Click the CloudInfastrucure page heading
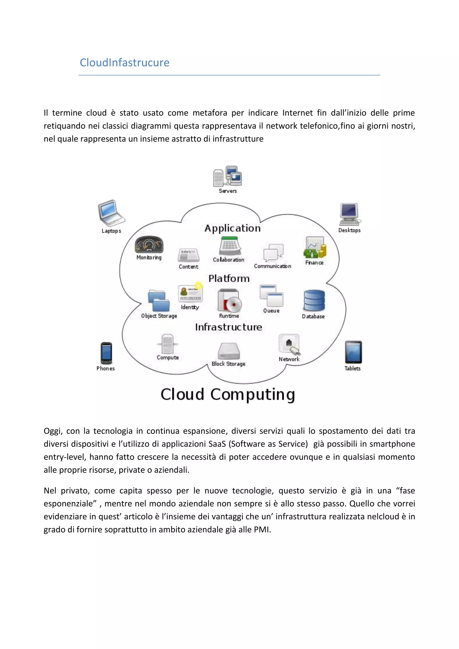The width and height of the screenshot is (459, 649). pos(124,63)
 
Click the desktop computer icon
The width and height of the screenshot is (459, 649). pos(350,214)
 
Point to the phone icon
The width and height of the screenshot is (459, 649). pos(106,353)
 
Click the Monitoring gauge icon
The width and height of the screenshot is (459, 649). pos(149,244)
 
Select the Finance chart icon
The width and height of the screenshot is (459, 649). pos(315,248)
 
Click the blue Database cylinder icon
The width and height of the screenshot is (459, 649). pos(314,301)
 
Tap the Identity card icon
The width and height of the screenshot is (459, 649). pos(190,293)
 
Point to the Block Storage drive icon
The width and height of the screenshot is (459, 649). pos(229,351)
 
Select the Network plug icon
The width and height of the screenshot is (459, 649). pos(289,344)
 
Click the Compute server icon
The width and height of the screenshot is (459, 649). pos(168,344)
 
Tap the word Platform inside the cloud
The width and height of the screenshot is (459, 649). pos(229,278)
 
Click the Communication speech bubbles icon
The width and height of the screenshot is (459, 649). pos(273,252)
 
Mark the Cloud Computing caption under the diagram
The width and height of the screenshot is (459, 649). pos(228,394)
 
